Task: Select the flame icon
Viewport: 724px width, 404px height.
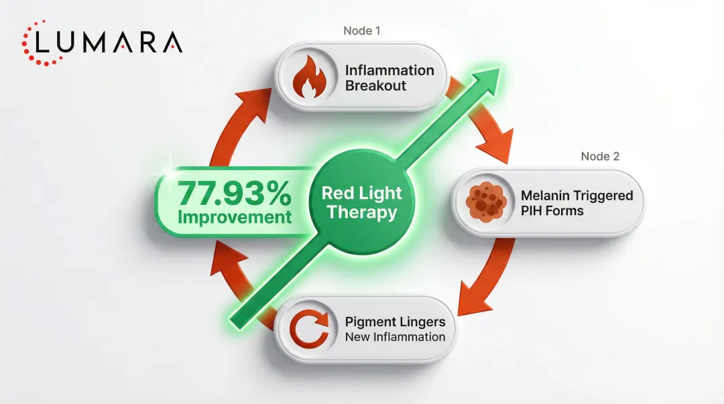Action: tap(310, 78)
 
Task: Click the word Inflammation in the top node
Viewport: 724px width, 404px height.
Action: tap(389, 70)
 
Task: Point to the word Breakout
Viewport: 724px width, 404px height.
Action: tap(375, 86)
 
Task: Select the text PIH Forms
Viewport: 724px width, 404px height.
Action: tap(552, 211)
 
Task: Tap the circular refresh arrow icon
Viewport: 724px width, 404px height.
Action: tap(310, 329)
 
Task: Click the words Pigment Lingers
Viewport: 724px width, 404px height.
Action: tap(395, 322)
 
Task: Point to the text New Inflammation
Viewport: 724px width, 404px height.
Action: tap(395, 337)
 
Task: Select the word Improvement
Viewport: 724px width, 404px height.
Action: tap(235, 218)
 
